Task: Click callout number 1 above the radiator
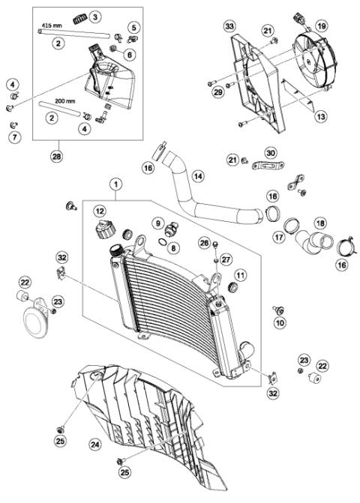[x=115, y=183]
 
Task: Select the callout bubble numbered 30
[x=269, y=152]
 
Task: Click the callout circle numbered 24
[x=94, y=444]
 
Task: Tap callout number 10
[x=280, y=322]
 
